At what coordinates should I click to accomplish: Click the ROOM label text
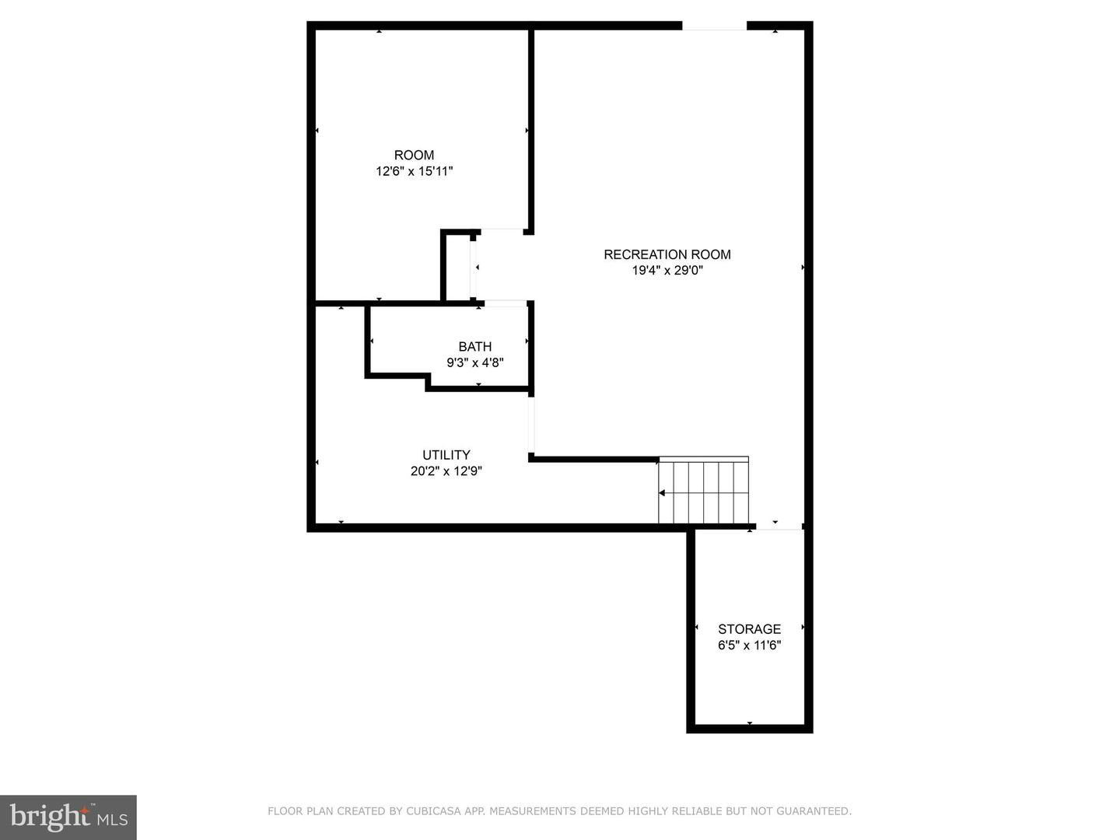(414, 155)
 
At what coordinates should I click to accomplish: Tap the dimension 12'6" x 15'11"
(414, 171)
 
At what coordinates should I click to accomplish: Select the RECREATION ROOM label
(667, 254)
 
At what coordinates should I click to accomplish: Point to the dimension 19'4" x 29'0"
(667, 271)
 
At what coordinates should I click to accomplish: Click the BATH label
(474, 347)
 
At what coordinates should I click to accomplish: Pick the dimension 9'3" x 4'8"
(474, 362)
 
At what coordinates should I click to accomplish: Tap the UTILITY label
(446, 455)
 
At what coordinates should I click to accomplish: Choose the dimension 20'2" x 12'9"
(446, 471)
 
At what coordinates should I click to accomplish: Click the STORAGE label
(749, 629)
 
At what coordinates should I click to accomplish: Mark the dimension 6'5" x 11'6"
(749, 646)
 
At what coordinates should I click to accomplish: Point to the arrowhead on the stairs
(662, 493)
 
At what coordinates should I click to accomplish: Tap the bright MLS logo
(68, 817)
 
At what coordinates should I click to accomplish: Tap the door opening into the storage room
(779, 527)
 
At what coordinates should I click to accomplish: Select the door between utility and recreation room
(532, 424)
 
